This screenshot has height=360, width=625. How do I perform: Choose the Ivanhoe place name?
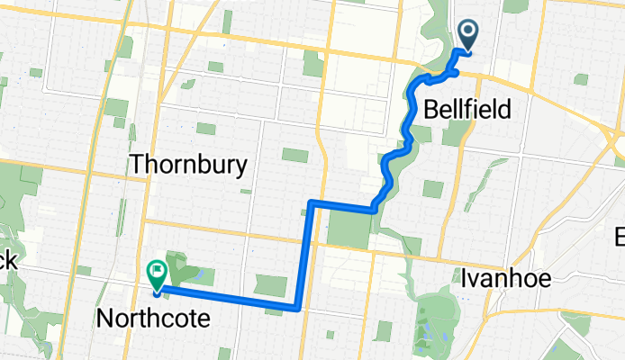pos(505,278)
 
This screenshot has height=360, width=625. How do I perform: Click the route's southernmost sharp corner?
pos(297,308)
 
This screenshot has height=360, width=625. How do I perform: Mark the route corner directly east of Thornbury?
pos(311,202)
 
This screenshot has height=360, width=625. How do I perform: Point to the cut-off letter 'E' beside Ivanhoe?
pos(620,238)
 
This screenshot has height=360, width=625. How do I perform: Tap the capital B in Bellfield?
pos(430,111)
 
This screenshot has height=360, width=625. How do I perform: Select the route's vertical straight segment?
pos(304,256)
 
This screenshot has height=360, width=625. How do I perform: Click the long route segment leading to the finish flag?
pos(225,298)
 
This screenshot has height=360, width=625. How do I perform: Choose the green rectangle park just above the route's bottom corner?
pos(269,285)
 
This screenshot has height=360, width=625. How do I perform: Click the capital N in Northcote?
pos(104,318)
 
